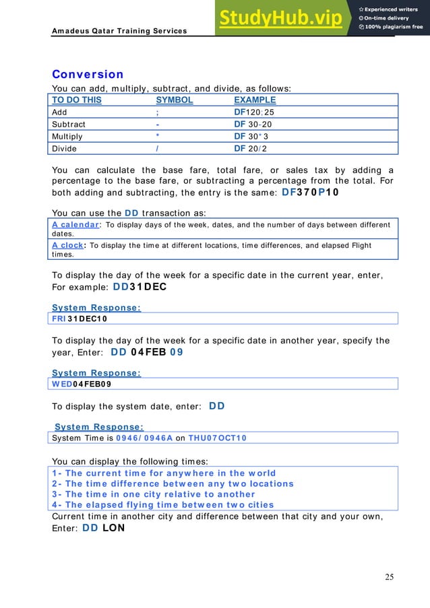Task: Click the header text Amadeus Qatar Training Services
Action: click(119, 31)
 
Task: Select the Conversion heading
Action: click(88, 74)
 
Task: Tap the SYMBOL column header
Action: click(174, 100)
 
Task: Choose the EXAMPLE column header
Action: click(254, 100)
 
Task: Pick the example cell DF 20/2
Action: click(250, 148)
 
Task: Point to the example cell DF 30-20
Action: click(252, 125)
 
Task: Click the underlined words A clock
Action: click(67, 246)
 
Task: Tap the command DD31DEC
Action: click(139, 286)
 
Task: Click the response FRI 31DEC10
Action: click(80, 318)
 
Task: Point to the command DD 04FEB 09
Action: click(146, 351)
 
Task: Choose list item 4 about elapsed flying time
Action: click(162, 504)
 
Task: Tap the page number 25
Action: click(390, 576)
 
